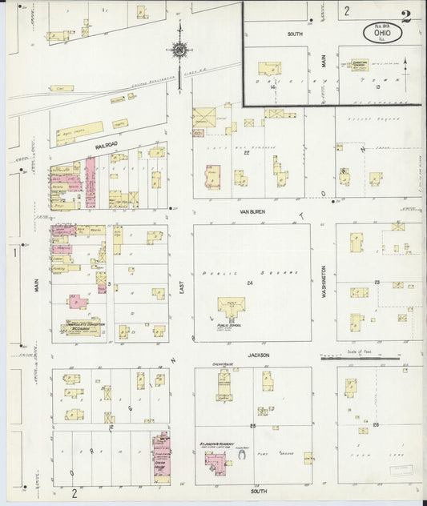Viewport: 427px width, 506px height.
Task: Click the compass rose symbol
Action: click(179, 51)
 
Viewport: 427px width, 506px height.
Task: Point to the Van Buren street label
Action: click(252, 211)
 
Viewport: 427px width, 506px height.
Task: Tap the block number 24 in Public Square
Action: click(250, 283)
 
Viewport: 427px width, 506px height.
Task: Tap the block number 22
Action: click(247, 153)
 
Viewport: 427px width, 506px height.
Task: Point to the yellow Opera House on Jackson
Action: click(224, 384)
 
